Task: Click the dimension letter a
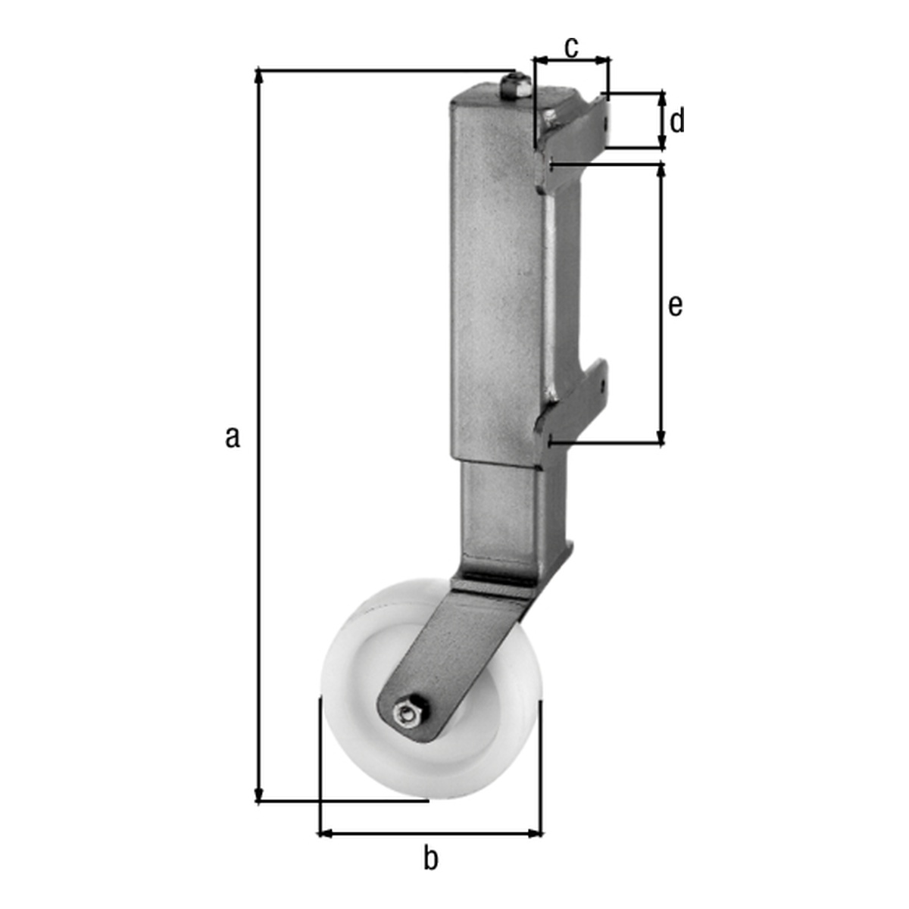[x=232, y=437]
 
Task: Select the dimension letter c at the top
[x=571, y=48]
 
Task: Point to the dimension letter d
[x=677, y=120]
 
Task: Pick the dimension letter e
[x=675, y=306]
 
